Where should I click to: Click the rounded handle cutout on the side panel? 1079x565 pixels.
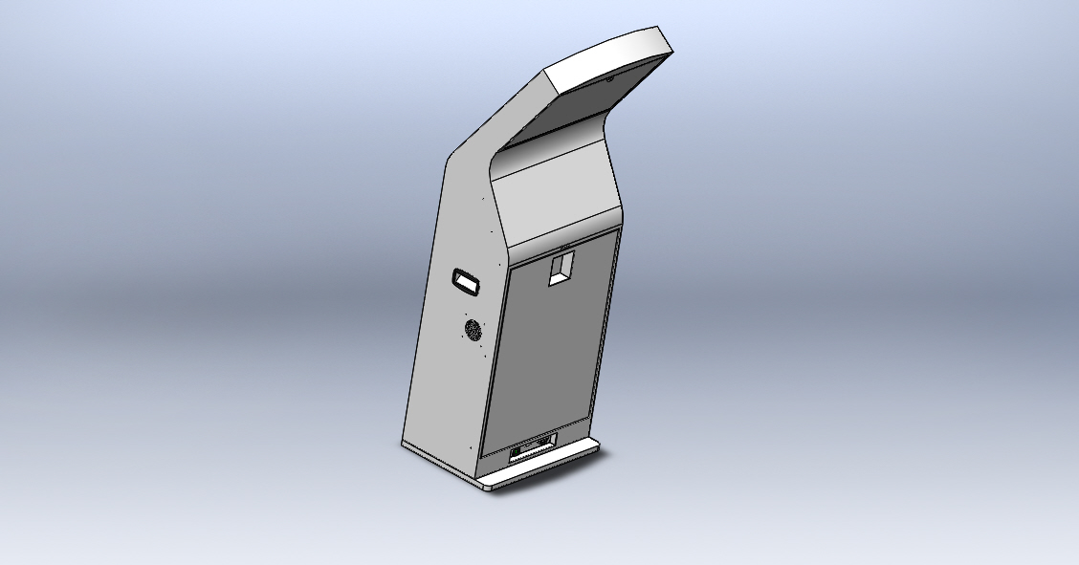tap(468, 279)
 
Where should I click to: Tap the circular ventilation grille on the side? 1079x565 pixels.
tap(473, 331)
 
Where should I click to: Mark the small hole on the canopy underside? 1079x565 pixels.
tap(609, 78)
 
